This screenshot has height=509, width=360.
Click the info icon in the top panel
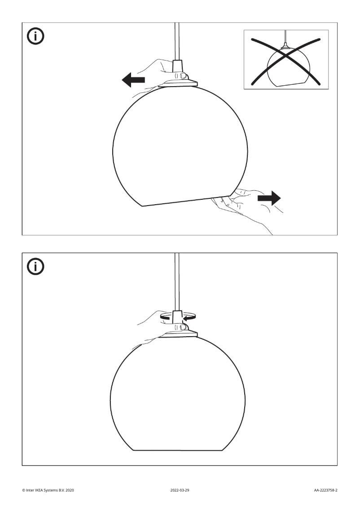click(x=35, y=36)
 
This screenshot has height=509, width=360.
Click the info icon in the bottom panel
click(x=35, y=267)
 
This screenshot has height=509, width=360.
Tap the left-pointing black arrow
click(x=133, y=80)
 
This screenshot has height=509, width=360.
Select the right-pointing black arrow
click(x=269, y=198)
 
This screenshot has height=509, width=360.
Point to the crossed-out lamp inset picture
click(x=286, y=59)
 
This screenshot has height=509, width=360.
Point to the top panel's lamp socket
click(x=177, y=70)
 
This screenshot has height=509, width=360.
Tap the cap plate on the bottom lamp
click(x=178, y=334)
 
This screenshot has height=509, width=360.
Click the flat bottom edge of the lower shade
click(x=178, y=450)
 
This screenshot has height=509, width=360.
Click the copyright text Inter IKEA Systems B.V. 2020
click(x=48, y=490)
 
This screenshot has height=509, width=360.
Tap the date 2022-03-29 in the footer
click(x=180, y=490)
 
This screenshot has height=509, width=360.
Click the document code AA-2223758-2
click(x=325, y=490)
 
